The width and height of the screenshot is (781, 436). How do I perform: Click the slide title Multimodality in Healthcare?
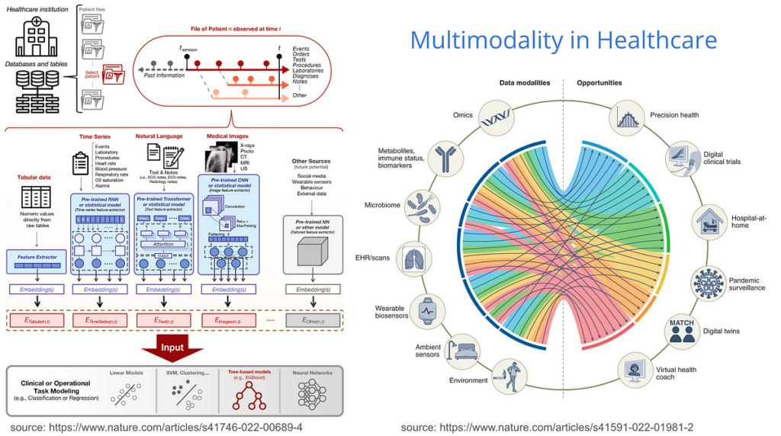click(x=563, y=40)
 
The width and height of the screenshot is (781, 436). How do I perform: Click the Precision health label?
click(x=674, y=116)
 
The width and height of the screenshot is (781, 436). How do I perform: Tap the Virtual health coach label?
click(x=676, y=373)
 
